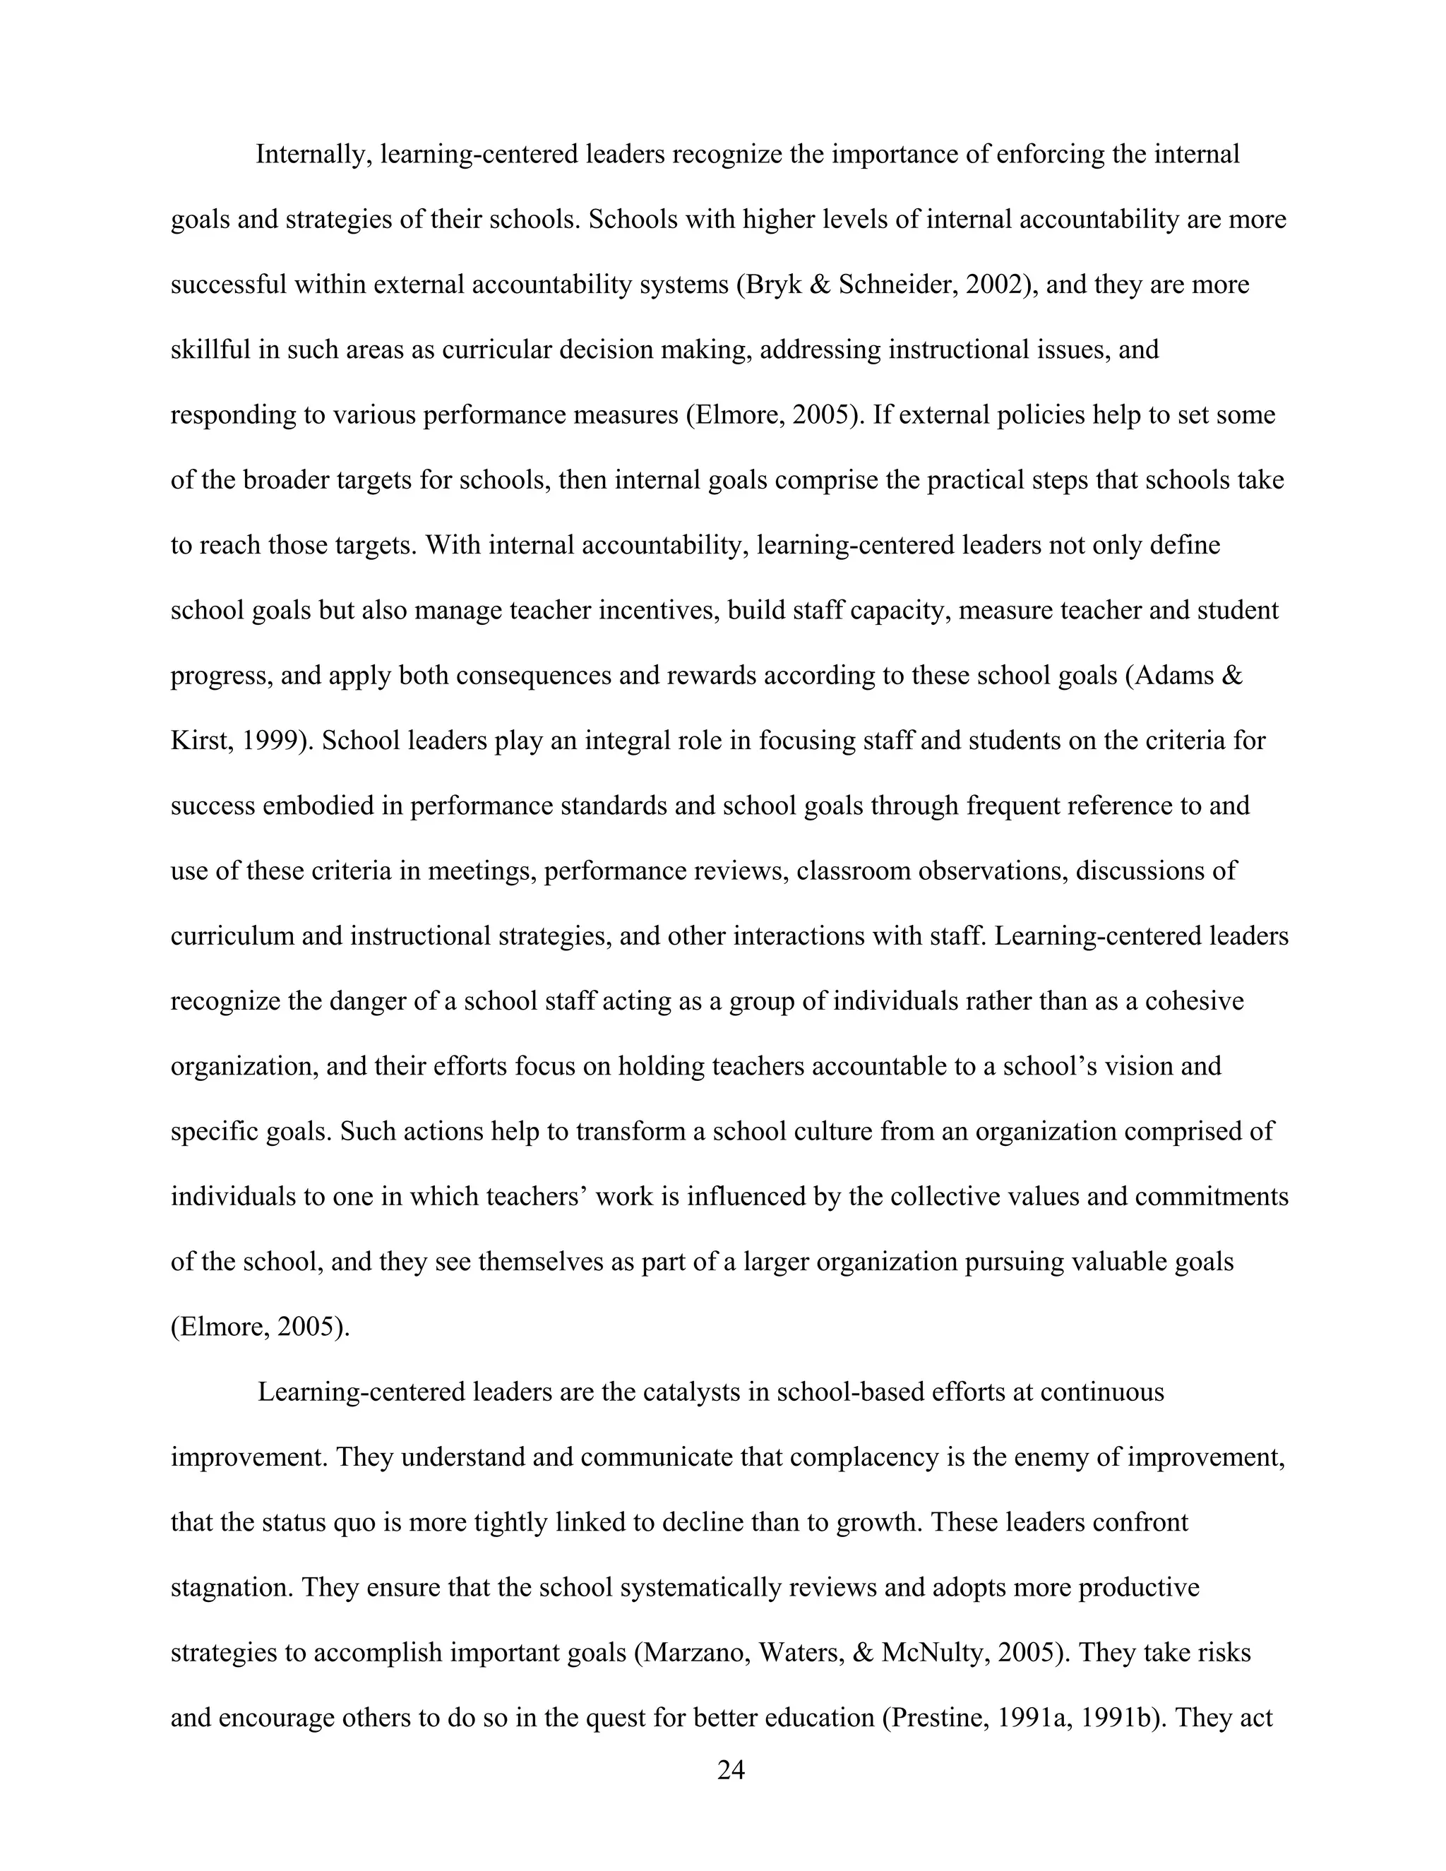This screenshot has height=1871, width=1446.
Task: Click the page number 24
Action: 731,1770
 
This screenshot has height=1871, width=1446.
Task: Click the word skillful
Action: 210,350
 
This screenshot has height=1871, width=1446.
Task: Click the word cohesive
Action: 1193,1001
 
